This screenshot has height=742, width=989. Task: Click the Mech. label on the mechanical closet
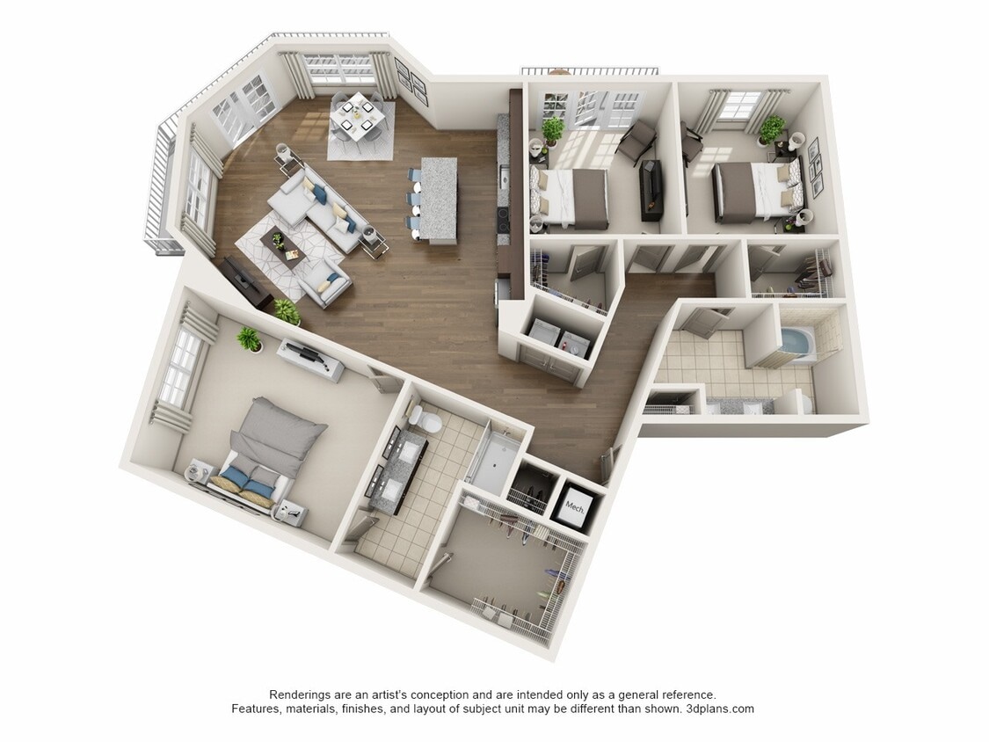pyautogui.click(x=575, y=506)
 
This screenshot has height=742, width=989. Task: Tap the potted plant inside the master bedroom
pyautogui.click(x=250, y=339)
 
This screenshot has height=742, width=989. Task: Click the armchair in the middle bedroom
pyautogui.click(x=637, y=140)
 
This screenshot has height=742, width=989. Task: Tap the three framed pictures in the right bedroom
pyautogui.click(x=814, y=166)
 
